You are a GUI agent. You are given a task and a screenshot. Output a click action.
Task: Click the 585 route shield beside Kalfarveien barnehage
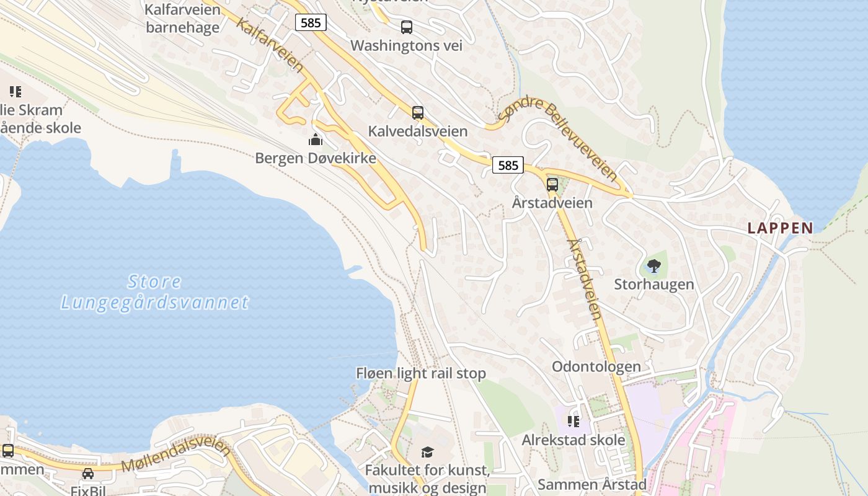tap(311, 23)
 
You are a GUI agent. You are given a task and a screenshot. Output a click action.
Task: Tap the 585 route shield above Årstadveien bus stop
tap(508, 165)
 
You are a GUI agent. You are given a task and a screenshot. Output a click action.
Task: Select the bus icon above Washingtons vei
tap(407, 27)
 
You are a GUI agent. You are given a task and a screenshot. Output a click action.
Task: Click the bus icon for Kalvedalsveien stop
tap(418, 113)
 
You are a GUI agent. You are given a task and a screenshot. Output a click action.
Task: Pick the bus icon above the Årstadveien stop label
tap(552, 184)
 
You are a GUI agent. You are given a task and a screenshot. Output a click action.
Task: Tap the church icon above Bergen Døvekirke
tap(316, 139)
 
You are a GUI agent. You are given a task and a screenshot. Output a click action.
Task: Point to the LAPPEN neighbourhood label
tap(780, 228)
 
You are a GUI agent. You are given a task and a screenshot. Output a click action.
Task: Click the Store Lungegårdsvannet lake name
tap(155, 292)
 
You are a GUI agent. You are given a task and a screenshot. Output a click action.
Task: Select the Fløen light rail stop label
tap(420, 373)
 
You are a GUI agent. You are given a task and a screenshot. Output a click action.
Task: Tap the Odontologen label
tap(596, 366)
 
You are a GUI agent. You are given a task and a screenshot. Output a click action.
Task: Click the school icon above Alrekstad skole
tap(573, 422)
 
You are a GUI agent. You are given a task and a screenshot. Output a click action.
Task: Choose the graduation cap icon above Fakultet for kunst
tap(427, 452)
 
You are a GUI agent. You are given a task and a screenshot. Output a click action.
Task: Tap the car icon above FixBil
tap(88, 474)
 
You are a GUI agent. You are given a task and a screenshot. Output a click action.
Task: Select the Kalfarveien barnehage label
tap(182, 19)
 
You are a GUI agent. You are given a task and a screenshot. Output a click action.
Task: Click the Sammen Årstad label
tap(592, 484)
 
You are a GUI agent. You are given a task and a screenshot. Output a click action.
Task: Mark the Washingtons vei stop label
tap(406, 45)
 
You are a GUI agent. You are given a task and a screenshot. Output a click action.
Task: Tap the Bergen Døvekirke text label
tap(316, 158)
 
